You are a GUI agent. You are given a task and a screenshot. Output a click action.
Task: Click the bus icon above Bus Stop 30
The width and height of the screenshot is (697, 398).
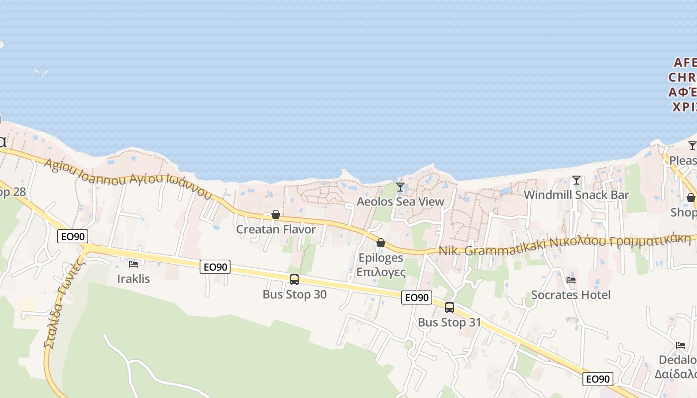point(294,280)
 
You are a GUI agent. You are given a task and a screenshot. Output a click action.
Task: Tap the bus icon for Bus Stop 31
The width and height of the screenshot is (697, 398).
point(450,307)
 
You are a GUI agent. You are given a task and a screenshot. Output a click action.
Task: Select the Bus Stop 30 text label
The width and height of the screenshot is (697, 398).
point(295,295)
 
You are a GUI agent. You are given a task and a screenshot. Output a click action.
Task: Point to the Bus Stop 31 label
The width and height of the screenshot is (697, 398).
point(450,322)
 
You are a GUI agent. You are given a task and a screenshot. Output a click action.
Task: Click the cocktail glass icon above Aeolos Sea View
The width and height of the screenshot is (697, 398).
point(400,187)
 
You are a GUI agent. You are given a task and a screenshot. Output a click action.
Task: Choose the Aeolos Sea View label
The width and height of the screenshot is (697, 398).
point(400,201)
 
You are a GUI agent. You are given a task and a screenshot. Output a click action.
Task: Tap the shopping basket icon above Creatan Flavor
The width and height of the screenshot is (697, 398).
point(276,214)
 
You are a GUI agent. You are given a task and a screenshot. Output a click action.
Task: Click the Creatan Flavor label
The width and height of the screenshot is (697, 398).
point(276,229)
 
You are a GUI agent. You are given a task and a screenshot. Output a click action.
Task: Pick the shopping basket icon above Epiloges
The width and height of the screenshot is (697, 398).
point(381,243)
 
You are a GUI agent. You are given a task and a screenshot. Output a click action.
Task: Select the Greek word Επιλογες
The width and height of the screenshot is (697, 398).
point(381,272)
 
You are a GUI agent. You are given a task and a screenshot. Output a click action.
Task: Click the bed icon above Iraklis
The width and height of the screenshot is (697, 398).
point(133,264)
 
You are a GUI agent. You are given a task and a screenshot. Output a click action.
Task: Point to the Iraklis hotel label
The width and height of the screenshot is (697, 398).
point(133,279)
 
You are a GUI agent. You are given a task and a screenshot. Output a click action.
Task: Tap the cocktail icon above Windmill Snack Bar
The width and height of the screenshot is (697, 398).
point(577,180)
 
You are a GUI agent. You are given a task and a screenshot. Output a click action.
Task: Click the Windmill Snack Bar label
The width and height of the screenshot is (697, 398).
point(577,195)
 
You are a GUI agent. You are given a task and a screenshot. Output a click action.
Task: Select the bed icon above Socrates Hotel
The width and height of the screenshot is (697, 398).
point(571,280)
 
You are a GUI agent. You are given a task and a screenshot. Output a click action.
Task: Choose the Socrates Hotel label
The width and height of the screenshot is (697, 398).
point(571,295)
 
